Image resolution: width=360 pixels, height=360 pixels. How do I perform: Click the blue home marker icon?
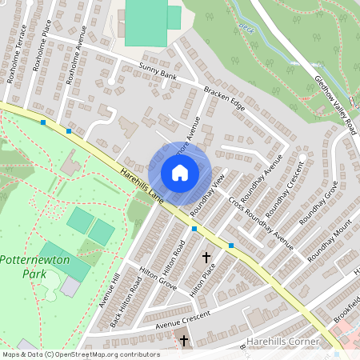point(180,173)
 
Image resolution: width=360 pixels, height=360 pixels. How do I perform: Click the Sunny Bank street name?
point(157,75)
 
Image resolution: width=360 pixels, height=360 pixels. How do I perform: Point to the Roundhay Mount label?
point(329,239)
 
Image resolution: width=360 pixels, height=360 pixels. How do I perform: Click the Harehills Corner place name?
point(285,342)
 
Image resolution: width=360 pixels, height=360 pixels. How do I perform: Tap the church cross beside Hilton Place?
point(206,258)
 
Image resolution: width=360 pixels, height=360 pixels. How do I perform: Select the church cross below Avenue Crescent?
point(184,341)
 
